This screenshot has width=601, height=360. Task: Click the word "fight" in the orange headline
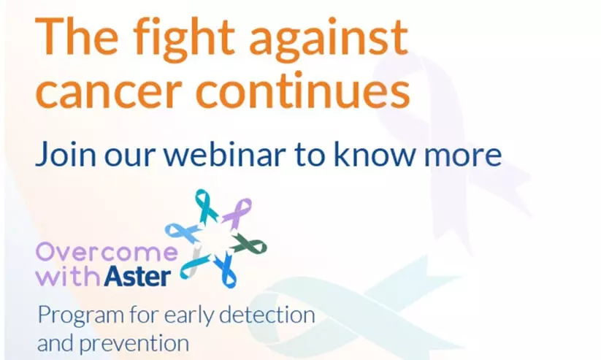click(183, 39)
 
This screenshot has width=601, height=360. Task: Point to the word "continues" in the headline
click(303, 89)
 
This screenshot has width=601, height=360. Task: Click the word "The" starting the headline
click(77, 36)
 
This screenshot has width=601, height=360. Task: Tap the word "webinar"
click(225, 153)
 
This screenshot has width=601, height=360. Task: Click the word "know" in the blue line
click(375, 153)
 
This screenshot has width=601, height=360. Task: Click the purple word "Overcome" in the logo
click(107, 252)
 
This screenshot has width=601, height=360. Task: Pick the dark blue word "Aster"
click(137, 275)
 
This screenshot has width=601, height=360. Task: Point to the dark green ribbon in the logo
click(249, 245)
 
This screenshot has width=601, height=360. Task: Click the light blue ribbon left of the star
click(182, 232)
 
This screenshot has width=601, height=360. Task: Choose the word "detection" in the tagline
click(267, 315)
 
